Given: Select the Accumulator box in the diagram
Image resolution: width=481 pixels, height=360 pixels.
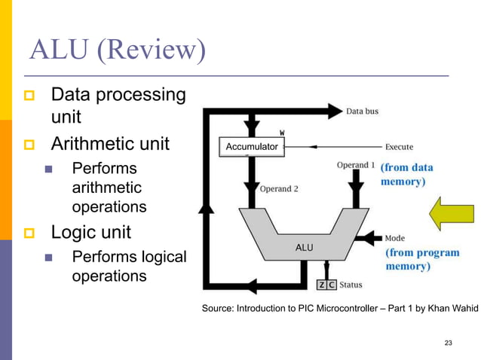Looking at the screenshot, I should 251,146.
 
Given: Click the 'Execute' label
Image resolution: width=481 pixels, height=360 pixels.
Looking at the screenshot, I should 404,146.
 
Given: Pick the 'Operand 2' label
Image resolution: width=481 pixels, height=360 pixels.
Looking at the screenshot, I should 278,188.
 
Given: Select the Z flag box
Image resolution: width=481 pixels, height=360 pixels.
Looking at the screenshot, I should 322,285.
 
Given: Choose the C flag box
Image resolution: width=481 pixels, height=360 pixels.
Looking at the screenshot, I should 332,285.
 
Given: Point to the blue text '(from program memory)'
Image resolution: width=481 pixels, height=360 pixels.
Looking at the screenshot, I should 422,259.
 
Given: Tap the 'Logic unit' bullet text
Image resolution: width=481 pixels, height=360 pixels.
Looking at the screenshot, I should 90,231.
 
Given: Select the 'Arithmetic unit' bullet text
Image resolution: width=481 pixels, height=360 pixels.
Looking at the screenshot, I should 110,143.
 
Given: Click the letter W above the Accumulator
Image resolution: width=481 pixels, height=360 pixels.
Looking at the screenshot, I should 283,133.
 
